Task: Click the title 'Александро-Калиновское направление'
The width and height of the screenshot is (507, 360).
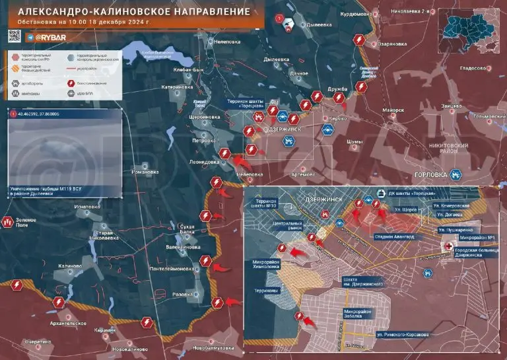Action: [x=132, y=12]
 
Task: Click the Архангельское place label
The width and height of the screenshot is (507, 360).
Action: [x=68, y=323]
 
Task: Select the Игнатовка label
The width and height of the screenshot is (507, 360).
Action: [x=87, y=207]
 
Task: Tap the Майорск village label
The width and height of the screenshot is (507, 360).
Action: [x=392, y=110]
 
